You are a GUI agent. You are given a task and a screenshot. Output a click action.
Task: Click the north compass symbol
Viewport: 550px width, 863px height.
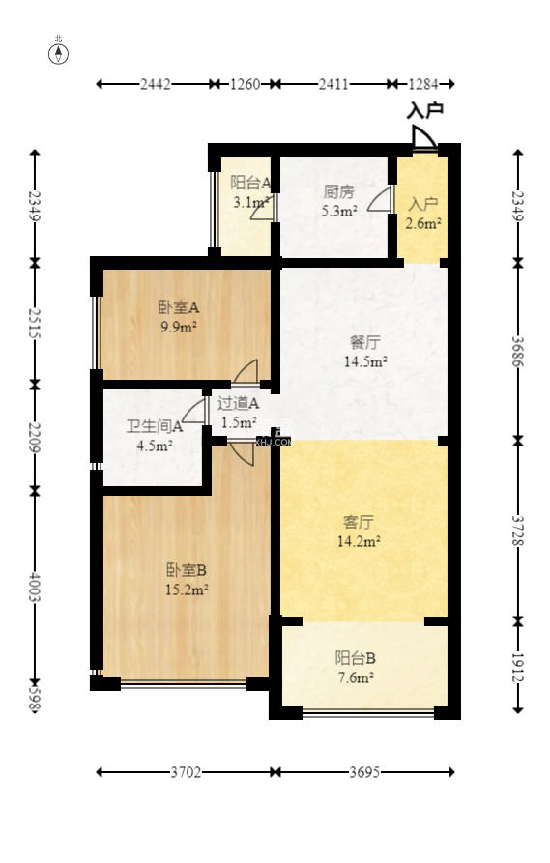coord(59,53)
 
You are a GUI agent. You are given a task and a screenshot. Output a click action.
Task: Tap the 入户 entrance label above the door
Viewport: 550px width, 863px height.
coord(425,111)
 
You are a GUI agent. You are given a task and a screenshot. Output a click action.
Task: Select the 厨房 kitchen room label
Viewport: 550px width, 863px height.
coord(338,191)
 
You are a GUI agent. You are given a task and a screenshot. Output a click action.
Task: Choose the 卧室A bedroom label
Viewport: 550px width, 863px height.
coord(179,308)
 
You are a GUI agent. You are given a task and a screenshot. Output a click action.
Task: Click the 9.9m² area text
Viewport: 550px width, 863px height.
coord(179,327)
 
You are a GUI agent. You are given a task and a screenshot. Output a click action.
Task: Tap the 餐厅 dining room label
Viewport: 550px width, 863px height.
coord(364,342)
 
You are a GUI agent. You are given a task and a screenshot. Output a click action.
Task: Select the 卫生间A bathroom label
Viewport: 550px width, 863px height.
coord(155,426)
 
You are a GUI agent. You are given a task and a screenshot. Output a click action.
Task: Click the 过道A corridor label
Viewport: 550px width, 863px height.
coord(238,404)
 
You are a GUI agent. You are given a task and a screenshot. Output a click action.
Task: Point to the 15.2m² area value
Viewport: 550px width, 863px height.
coord(188,588)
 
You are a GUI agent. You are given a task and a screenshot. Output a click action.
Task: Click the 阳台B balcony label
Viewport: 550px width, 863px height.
coord(356,658)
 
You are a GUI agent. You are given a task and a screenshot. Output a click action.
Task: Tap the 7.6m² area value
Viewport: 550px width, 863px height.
coord(356,676)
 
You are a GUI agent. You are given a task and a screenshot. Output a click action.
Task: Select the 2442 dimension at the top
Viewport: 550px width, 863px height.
coord(156,84)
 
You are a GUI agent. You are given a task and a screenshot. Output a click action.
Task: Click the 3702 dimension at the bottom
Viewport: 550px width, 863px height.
coord(187,772)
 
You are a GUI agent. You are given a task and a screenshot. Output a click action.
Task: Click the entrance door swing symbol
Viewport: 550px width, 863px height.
coord(423,139)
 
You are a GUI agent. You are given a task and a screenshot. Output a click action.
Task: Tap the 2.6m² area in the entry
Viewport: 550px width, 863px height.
coord(423,223)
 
